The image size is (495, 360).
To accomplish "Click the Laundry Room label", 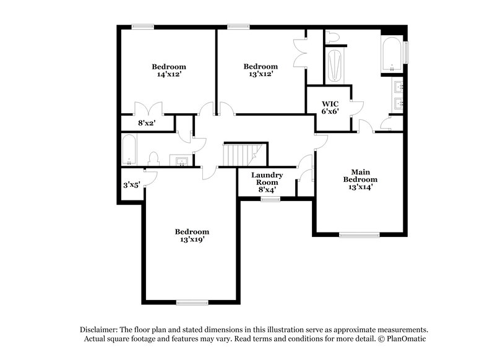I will click(x=267, y=176).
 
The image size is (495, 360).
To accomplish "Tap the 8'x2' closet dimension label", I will click(x=145, y=123).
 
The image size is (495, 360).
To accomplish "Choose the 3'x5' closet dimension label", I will click(x=131, y=184).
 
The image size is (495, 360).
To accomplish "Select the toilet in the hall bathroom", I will click(x=153, y=159).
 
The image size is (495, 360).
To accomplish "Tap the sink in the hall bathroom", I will click(x=182, y=161).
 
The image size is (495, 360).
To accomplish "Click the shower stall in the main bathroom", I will click(x=334, y=66).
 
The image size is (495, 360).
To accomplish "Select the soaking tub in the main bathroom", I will click(x=392, y=56).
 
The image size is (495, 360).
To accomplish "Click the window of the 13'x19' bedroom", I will click(x=191, y=302).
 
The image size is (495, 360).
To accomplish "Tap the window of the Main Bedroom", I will click(x=359, y=234).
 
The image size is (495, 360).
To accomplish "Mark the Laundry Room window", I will click(x=270, y=199).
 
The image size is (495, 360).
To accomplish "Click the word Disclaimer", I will click(x=98, y=330).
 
